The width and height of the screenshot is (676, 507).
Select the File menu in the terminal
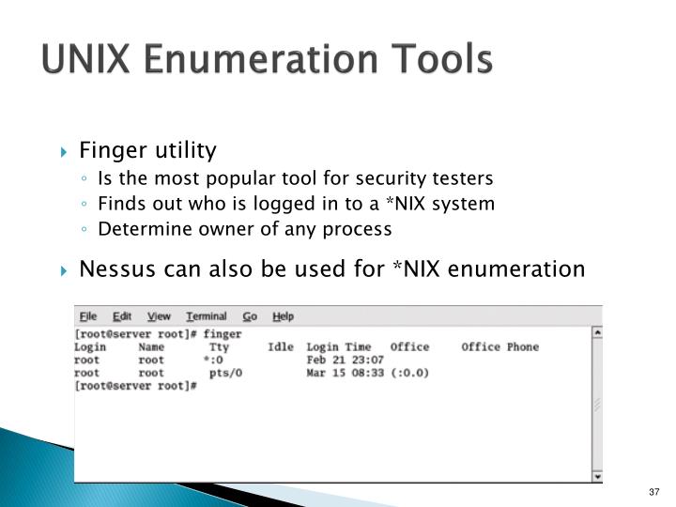88,316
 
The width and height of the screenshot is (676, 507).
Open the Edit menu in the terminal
122,316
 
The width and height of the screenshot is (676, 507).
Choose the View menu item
160,316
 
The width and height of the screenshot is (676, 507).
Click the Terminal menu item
206,316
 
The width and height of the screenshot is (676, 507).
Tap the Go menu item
250,316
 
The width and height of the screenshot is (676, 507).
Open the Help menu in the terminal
283,316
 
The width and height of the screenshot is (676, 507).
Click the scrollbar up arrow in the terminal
597,332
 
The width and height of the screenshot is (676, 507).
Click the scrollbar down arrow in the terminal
597,476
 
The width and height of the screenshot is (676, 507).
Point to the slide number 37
655,494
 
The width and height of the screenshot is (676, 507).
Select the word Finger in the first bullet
105,150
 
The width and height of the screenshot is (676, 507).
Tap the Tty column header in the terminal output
219,347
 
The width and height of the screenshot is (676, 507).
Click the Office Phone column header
499,347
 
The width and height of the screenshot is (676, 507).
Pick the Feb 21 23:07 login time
345,360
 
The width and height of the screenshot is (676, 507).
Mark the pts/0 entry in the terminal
225,373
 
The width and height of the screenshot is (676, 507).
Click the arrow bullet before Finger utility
64,151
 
